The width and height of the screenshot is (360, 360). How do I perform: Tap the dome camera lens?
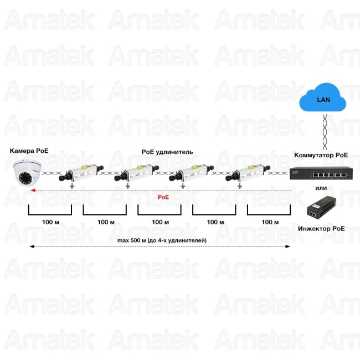25,178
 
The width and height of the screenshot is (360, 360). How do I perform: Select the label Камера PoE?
30,151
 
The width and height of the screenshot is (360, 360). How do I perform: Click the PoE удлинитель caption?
167,151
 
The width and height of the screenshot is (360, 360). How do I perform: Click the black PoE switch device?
319,174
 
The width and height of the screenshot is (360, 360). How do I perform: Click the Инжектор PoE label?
320,228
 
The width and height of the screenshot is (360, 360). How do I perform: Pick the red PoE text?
163,197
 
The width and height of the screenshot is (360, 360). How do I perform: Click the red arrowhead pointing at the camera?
33,190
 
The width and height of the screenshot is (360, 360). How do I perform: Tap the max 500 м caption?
162,240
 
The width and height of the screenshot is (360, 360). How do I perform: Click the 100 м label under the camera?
50,222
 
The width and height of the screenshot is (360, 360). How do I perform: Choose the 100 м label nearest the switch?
270,222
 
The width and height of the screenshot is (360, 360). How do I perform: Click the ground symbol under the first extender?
72,186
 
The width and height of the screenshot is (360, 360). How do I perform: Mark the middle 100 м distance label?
160,222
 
